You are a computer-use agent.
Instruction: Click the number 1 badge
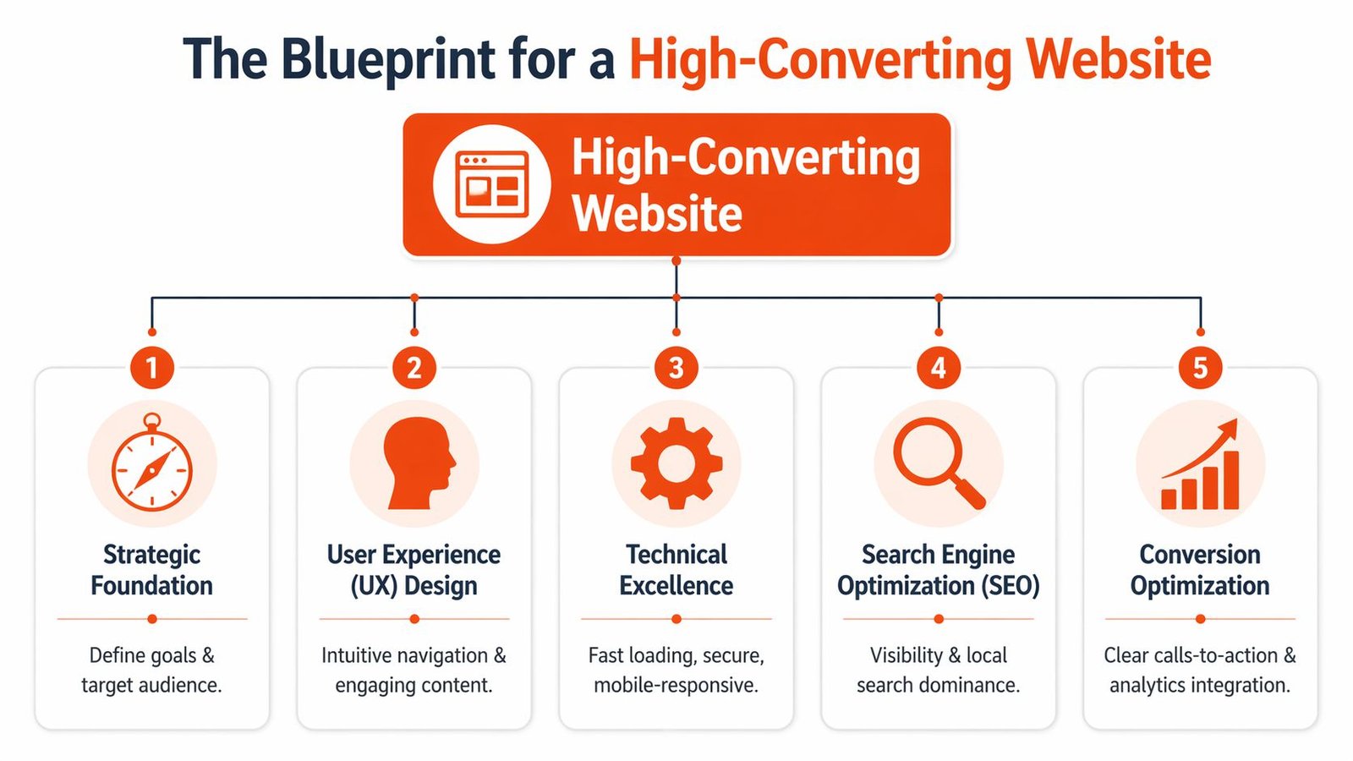pyautogui.click(x=152, y=368)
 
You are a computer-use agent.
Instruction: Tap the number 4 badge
pyautogui.click(x=939, y=368)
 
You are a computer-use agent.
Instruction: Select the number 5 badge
pyautogui.click(x=1200, y=368)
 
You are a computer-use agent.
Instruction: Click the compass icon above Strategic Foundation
pyautogui.click(x=152, y=464)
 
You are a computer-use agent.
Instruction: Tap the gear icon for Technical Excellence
pyautogui.click(x=676, y=463)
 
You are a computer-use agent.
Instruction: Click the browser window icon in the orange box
pyautogui.click(x=492, y=184)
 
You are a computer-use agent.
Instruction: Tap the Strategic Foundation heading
pyautogui.click(x=152, y=570)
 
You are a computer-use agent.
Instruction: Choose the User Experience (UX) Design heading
pyautogui.click(x=414, y=570)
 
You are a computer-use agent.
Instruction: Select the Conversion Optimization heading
pyautogui.click(x=1200, y=570)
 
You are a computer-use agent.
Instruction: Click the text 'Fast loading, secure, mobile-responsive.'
pyautogui.click(x=676, y=670)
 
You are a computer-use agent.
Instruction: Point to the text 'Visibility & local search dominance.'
pyautogui.click(x=939, y=670)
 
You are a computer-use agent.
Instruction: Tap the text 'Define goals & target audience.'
pyautogui.click(x=152, y=670)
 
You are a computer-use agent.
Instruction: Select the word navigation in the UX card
pyautogui.click(x=444, y=655)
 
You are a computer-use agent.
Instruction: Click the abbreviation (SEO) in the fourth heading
pyautogui.click(x=1011, y=586)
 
